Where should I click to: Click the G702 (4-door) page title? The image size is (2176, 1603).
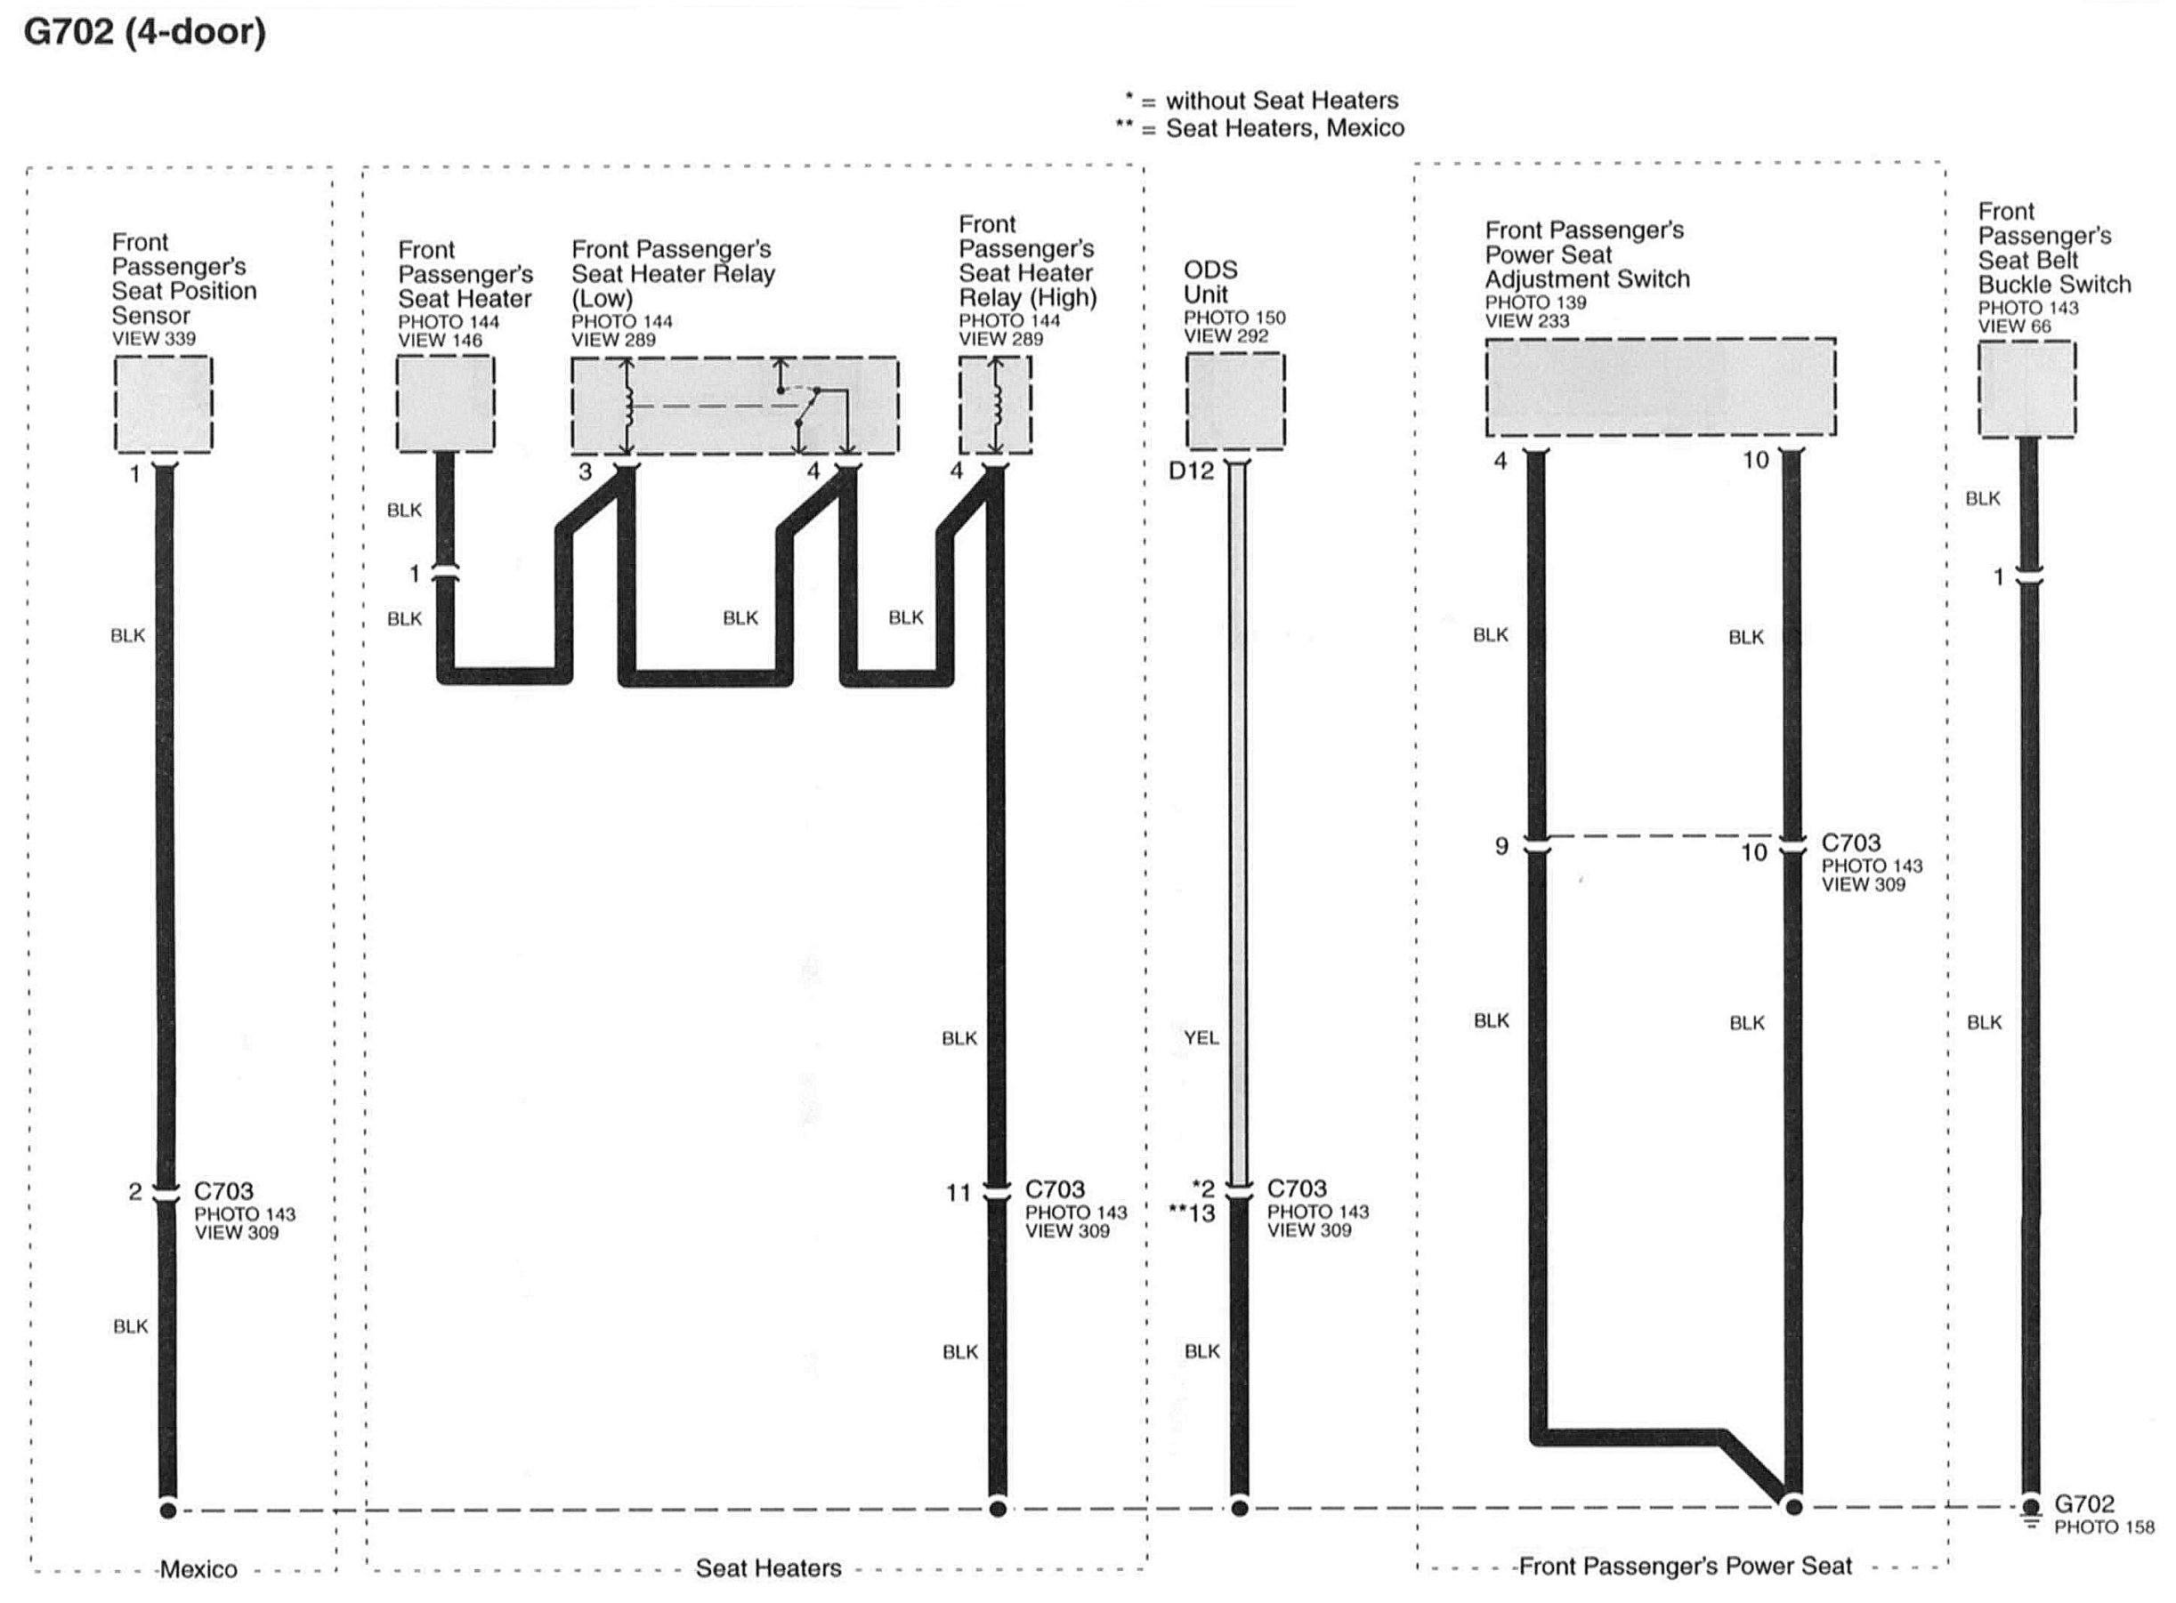(x=144, y=32)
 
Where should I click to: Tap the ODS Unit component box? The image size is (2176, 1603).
(x=1234, y=400)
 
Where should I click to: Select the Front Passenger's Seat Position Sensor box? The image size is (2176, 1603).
(x=163, y=404)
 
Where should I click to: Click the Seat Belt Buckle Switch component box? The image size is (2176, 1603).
(x=2026, y=389)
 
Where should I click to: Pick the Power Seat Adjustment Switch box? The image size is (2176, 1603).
(x=1660, y=387)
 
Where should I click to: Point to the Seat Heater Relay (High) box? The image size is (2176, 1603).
(x=995, y=405)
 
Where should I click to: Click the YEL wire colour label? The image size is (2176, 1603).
(x=1201, y=1037)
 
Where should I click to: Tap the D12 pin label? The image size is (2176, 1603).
(x=1191, y=471)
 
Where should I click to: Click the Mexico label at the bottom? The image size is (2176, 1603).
(x=198, y=1569)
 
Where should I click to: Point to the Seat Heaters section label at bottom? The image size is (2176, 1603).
(x=768, y=1568)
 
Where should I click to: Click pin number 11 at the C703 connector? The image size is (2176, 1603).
(x=958, y=1193)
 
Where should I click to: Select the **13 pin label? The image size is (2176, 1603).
(x=1192, y=1212)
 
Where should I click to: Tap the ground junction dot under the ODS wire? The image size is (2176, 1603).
(x=1240, y=1508)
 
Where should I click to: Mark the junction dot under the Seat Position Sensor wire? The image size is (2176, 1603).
(x=168, y=1510)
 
